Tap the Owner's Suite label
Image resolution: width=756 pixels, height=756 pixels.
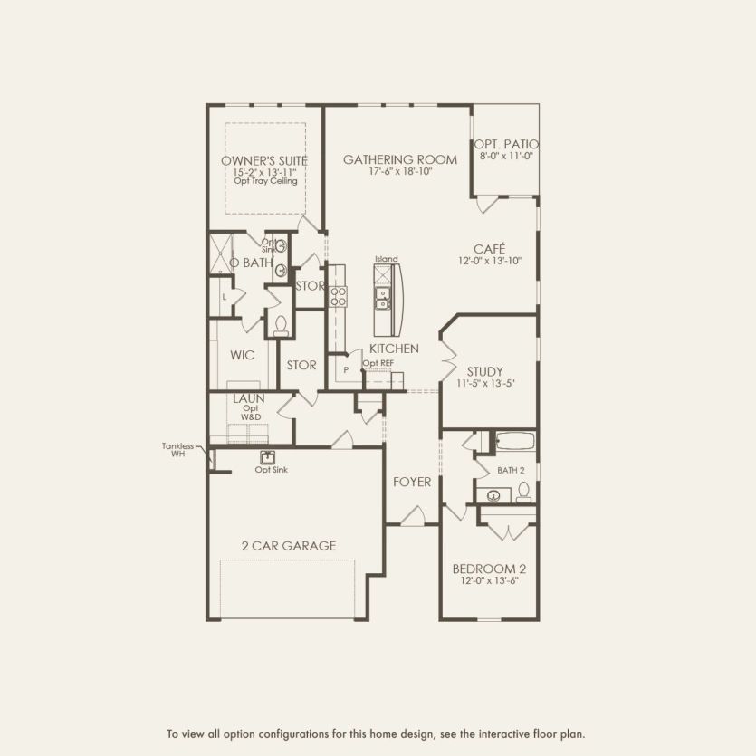click(264, 160)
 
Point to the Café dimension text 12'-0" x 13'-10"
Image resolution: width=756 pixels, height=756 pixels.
click(489, 261)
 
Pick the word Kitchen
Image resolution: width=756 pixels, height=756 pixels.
click(393, 349)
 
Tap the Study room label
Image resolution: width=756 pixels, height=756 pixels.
click(485, 371)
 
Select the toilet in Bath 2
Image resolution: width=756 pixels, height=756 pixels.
click(523, 492)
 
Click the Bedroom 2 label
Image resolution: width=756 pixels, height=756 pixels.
click(488, 569)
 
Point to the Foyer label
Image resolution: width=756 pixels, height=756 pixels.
click(411, 482)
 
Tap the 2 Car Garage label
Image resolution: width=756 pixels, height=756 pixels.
click(288, 545)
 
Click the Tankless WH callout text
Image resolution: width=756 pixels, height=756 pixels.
click(179, 450)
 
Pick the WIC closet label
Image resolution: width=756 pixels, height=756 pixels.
click(242, 355)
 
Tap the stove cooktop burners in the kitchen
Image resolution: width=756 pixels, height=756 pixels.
click(337, 297)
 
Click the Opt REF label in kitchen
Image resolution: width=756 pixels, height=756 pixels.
click(378, 363)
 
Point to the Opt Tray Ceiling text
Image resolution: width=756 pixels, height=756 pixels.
click(265, 181)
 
